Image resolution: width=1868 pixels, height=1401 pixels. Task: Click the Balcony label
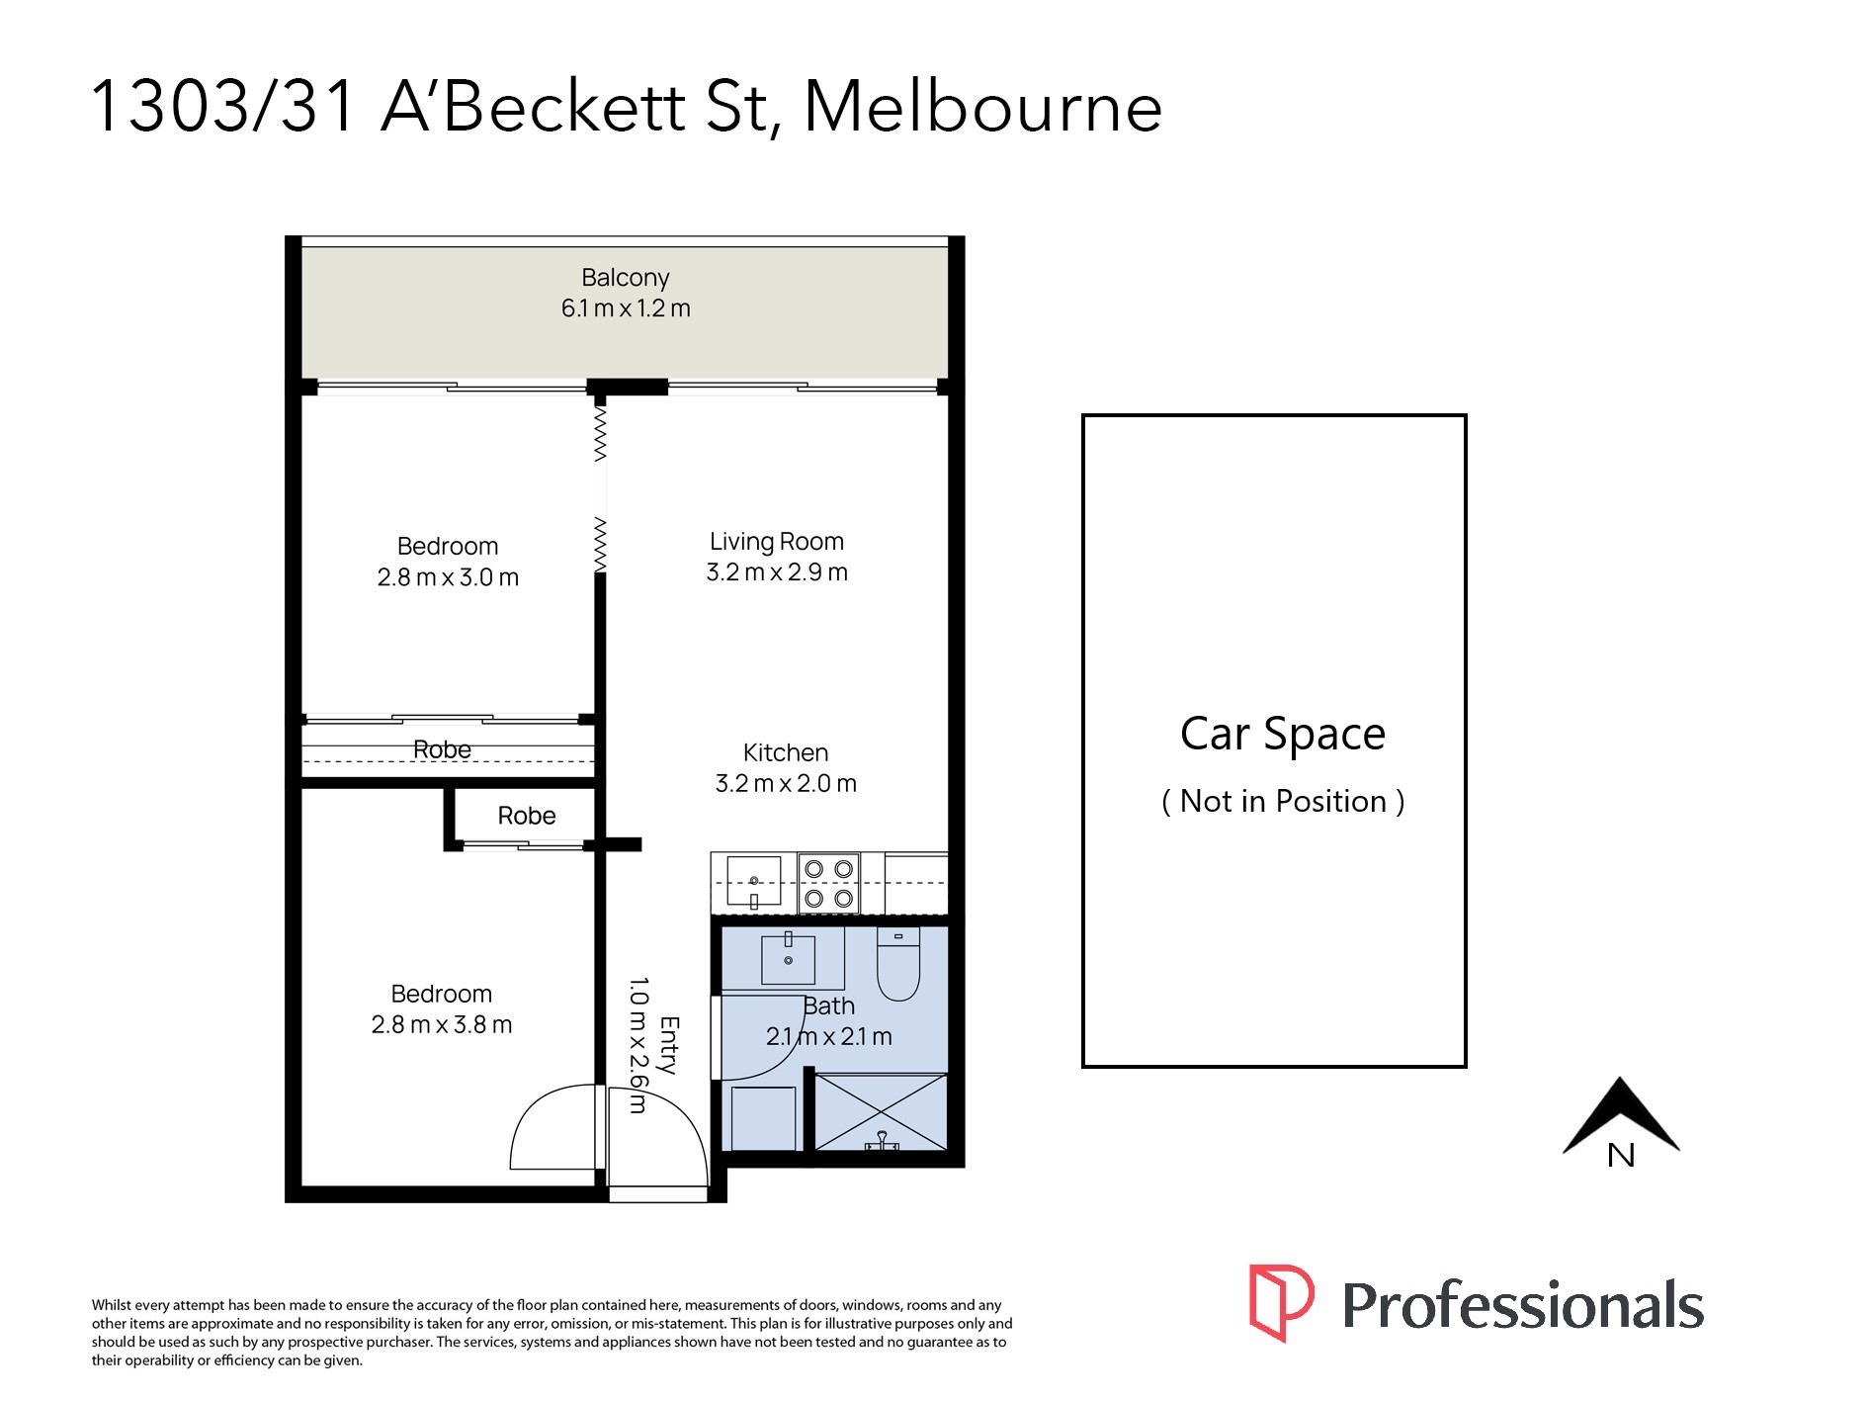(x=625, y=278)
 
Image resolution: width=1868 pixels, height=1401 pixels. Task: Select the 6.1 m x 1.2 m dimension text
(x=625, y=308)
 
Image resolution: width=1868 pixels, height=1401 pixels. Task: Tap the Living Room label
(x=776, y=542)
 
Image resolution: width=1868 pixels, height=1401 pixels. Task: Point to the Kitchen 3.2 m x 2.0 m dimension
(x=785, y=784)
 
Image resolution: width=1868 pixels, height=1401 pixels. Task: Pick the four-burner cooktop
(x=828, y=883)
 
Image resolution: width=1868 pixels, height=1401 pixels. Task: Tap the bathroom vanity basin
(x=788, y=958)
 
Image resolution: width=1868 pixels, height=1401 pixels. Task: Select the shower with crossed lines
(x=880, y=1112)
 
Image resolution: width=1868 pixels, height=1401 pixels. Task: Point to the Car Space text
(x=1282, y=734)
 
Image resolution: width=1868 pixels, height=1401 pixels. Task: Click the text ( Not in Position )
(x=1282, y=801)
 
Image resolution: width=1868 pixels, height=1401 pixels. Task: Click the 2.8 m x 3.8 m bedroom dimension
(x=441, y=1025)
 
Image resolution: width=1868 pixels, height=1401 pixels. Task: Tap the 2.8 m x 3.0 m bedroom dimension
(x=447, y=577)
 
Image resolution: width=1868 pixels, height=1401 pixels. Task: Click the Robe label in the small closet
(x=526, y=816)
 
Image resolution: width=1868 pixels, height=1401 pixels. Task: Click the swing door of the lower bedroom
(x=553, y=1127)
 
